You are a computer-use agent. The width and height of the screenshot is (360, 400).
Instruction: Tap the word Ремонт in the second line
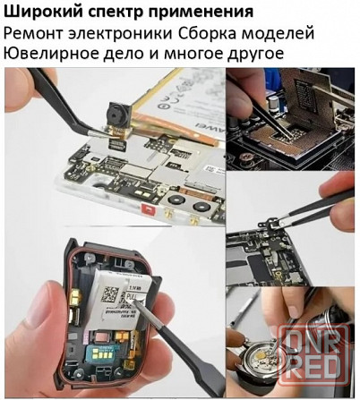pyautogui.click(x=34, y=34)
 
